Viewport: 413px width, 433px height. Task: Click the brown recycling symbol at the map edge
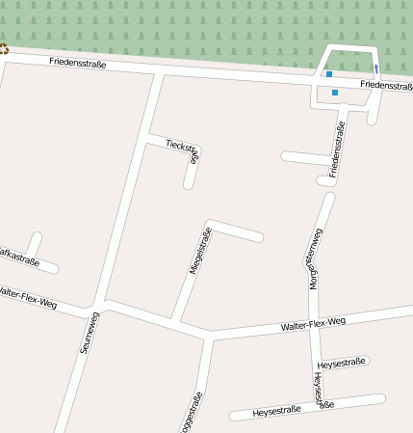point(3,49)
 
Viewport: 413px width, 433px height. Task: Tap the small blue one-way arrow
point(376,68)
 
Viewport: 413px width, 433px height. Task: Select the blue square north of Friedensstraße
point(329,74)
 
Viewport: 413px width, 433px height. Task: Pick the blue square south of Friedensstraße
point(335,93)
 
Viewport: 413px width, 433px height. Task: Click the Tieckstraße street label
point(182,148)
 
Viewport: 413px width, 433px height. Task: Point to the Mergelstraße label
point(199,253)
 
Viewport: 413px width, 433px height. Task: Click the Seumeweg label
point(88,334)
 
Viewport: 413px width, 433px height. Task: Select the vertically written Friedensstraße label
point(337,149)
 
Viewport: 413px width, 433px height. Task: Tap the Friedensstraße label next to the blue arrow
point(386,85)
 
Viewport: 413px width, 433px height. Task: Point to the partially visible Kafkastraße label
point(19,257)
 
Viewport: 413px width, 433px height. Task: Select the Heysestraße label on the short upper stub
point(342,364)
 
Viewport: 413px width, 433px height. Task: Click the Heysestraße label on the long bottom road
point(277,410)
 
